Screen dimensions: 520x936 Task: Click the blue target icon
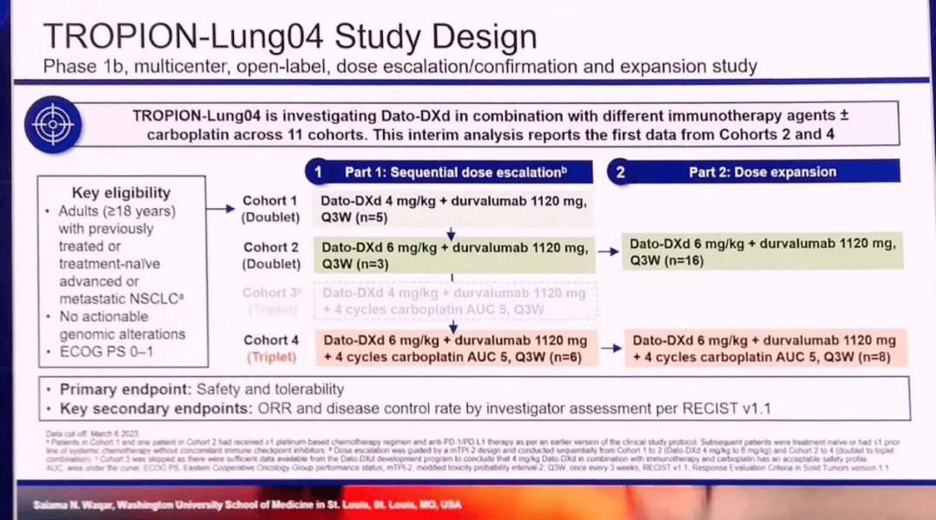pyautogui.click(x=54, y=126)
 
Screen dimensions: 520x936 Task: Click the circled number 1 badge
pyautogui.click(x=318, y=172)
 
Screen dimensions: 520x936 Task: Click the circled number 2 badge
pyautogui.click(x=621, y=172)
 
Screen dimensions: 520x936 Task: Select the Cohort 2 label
pyautogui.click(x=270, y=248)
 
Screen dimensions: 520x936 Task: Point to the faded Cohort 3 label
pyautogui.click(x=270, y=293)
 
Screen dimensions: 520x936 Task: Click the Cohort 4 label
pyautogui.click(x=270, y=341)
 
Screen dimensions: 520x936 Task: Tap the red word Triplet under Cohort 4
pyautogui.click(x=270, y=356)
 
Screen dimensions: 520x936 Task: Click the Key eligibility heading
pyautogui.click(x=120, y=192)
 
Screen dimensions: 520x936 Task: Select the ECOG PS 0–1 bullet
pyautogui.click(x=110, y=352)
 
